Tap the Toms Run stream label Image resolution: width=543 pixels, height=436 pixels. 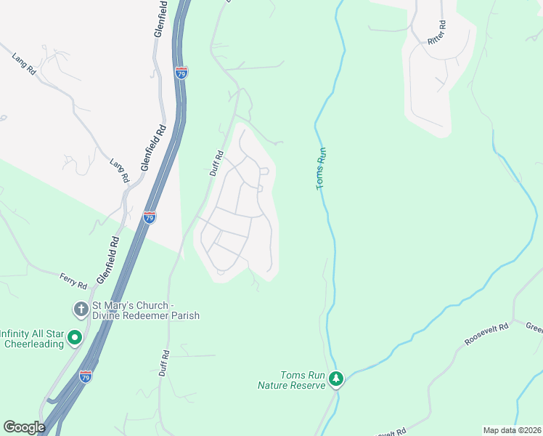pos(322,169)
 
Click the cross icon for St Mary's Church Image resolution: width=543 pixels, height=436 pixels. pos(81,310)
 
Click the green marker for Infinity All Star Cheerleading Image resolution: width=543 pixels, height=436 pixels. pos(74,339)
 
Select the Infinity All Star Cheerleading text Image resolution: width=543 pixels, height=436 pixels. pos(32,339)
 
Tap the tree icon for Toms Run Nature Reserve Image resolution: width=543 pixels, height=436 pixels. pos(335,378)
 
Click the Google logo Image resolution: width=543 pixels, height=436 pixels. pos(24,427)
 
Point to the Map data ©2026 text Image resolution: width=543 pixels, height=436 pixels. pos(512,430)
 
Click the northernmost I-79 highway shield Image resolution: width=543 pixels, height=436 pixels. pos(181,73)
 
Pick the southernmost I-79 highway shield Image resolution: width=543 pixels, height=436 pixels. pos(86,376)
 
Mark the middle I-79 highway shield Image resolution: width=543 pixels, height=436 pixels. pos(149,217)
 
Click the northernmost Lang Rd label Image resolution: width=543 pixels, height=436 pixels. pos(25,63)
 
